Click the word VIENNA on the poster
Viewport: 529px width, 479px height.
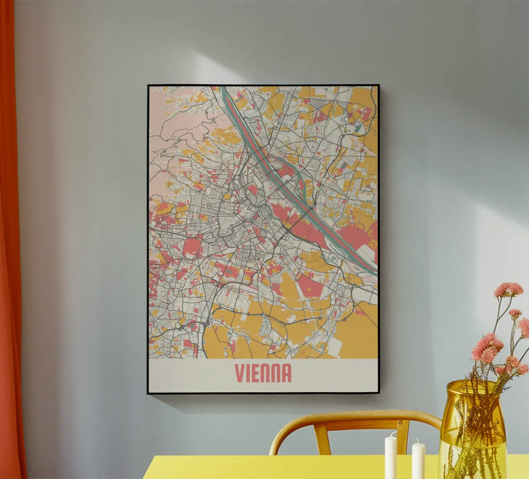point(263,373)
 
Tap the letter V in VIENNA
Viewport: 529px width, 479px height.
point(238,373)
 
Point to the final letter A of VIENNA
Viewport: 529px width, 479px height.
point(286,373)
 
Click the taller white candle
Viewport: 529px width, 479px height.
point(391,456)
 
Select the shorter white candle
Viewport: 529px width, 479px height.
point(418,460)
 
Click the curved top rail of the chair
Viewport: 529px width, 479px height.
point(355,417)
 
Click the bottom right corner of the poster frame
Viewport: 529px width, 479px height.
point(378,392)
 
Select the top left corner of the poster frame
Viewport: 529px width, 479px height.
point(149,86)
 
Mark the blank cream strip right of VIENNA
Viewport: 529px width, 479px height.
point(335,374)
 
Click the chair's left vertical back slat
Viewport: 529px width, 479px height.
point(320,438)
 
